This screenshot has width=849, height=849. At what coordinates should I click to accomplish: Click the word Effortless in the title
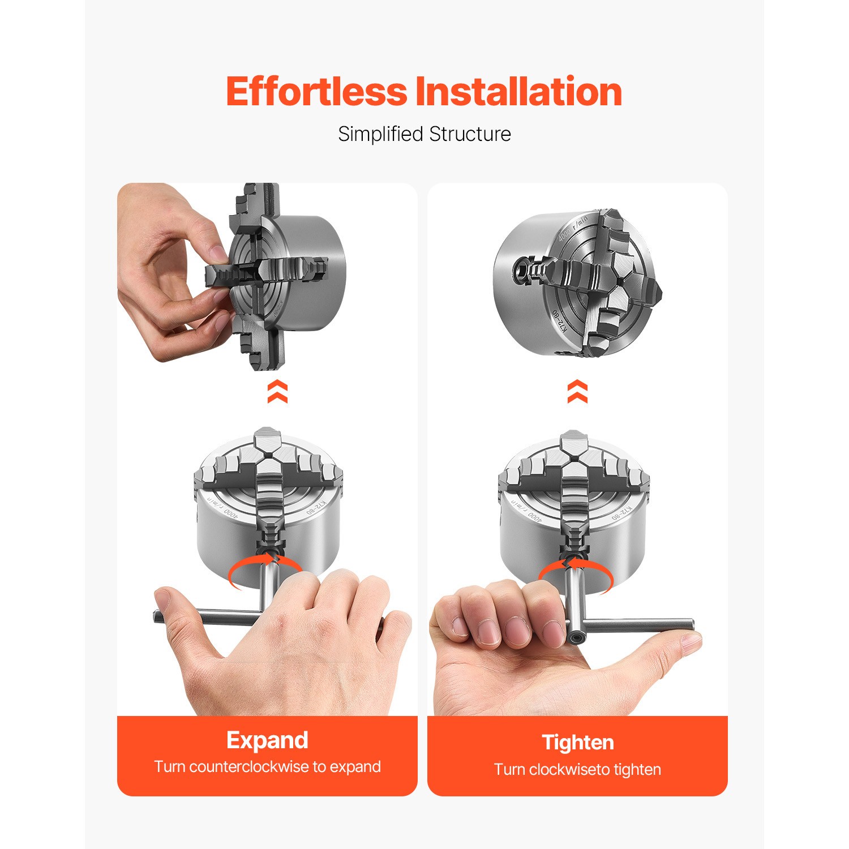[x=316, y=92]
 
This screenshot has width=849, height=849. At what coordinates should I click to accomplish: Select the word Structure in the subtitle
[x=470, y=134]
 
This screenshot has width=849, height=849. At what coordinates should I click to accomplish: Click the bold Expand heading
[x=267, y=741]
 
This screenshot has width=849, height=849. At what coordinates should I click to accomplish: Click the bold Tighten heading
[x=577, y=742]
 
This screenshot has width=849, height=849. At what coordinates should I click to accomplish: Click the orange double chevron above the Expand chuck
[x=277, y=392]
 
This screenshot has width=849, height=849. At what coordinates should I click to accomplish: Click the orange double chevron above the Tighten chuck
[x=577, y=392]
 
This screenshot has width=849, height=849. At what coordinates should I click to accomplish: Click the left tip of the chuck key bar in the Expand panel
[x=156, y=616]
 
